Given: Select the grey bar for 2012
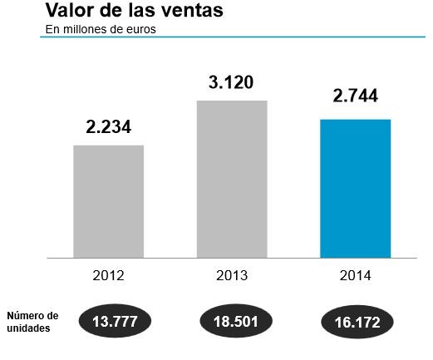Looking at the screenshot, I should [108, 201].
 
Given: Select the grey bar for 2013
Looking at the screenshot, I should [232, 179].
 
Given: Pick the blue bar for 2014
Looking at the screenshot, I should [355, 189].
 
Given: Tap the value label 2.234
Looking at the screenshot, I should [109, 127].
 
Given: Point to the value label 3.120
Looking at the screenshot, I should [232, 82].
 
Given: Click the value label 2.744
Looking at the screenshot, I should [355, 96].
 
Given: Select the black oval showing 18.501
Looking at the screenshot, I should [237, 321].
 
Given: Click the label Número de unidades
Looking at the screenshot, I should [32, 322].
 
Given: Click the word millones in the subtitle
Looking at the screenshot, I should [86, 29].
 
